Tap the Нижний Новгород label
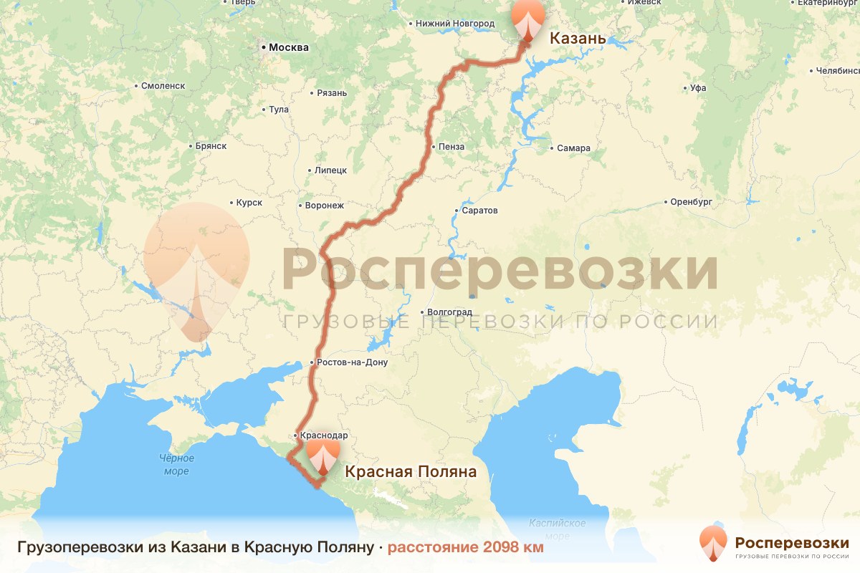point(455,24)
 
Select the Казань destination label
point(578,38)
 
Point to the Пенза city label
point(451,147)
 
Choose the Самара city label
point(573,148)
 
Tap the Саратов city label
point(479,211)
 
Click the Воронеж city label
point(324,206)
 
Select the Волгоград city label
point(449,312)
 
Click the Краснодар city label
point(324,435)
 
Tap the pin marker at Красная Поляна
point(323,456)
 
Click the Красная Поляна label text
point(411,472)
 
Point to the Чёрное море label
point(176,465)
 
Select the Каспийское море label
point(558,529)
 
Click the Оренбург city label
point(691,202)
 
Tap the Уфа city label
point(697,88)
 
